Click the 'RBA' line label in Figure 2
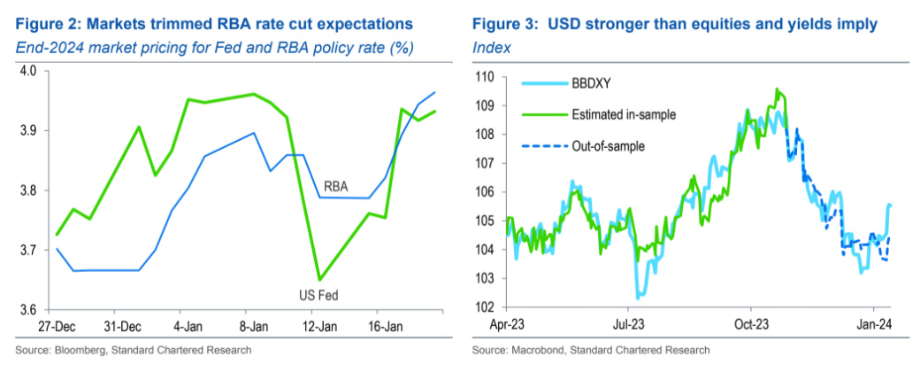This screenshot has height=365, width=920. (x=337, y=188)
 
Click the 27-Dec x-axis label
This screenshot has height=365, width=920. (x=57, y=324)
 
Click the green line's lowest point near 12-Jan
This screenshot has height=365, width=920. (x=319, y=280)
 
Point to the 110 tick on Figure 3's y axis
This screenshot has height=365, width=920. (x=484, y=77)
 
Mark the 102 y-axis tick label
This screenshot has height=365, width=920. (x=484, y=307)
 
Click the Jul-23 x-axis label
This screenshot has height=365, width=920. (x=629, y=324)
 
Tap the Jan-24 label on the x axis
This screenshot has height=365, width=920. (x=876, y=324)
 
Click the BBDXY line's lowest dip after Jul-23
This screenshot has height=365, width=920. (x=638, y=299)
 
